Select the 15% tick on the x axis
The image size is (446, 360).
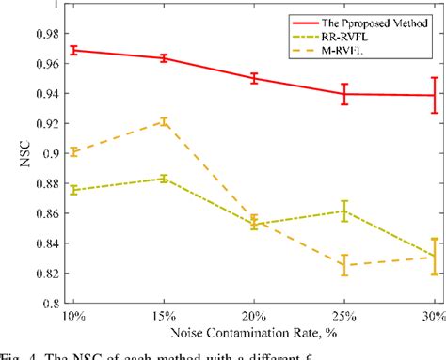pos(164,317)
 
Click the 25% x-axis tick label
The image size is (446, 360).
pos(344,317)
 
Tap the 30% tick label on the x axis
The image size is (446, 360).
pos(432,317)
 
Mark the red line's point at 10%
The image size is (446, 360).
pos(73,50)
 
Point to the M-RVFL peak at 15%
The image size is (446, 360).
pos(164,121)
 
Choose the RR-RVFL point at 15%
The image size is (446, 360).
pos(164,178)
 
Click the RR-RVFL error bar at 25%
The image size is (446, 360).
pos(345,211)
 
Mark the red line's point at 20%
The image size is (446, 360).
pos(254,78)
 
